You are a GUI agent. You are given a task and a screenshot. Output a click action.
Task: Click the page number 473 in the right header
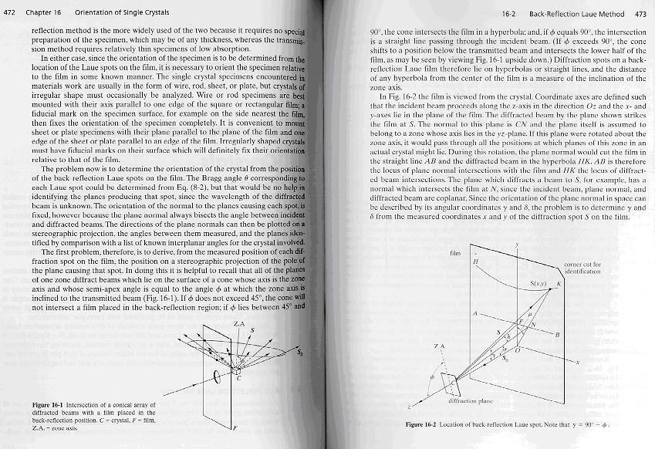pyautogui.click(x=640, y=14)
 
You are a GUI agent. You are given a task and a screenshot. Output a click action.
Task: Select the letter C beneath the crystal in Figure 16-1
pyautogui.click(x=238, y=379)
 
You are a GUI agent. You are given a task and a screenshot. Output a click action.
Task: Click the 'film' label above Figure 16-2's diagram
pyautogui.click(x=455, y=252)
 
